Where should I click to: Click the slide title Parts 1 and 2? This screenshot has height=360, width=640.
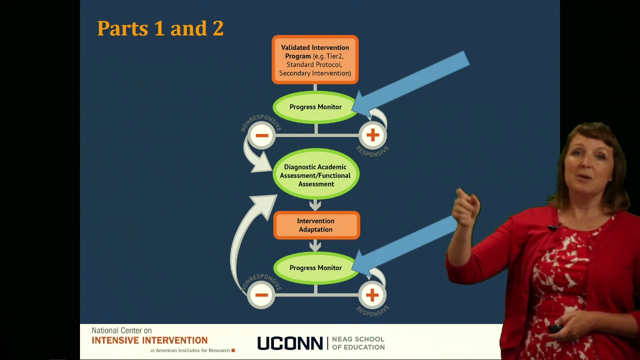(160, 28)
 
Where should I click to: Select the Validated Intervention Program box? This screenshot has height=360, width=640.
(315, 60)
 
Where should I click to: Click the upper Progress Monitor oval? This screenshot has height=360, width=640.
(315, 107)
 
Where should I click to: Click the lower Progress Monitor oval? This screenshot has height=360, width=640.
(315, 268)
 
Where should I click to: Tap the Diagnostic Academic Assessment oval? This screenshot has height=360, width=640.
(315, 175)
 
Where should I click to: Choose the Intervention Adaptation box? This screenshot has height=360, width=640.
(315, 225)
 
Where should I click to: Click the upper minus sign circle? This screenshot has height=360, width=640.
(261, 135)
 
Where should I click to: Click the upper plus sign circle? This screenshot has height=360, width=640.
(372, 135)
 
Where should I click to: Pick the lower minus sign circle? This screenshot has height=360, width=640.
(261, 295)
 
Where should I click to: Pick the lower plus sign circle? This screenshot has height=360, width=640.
(372, 295)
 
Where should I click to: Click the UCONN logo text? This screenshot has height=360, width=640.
(290, 343)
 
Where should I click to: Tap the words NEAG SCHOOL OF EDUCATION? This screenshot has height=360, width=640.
(358, 343)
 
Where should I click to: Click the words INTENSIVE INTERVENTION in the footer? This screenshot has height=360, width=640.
(149, 340)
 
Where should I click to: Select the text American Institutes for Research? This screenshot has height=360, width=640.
(192, 350)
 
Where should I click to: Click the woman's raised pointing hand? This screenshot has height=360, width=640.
(466, 207)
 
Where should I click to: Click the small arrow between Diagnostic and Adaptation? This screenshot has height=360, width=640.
(315, 205)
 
